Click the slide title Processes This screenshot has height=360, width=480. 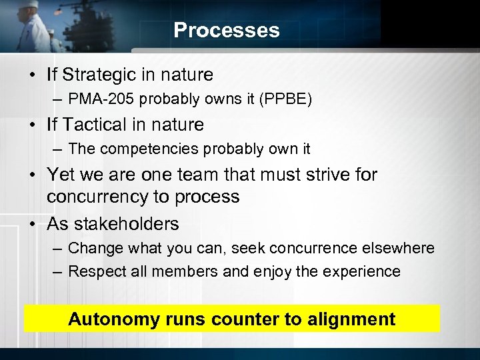(226, 30)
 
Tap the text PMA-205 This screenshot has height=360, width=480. (97, 99)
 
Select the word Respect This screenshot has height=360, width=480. (95, 271)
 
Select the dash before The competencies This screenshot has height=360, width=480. (57, 150)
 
